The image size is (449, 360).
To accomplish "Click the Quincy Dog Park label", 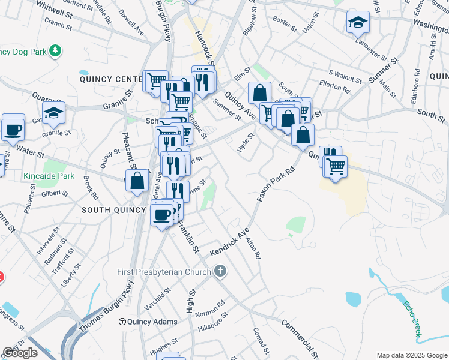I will tap(22, 52).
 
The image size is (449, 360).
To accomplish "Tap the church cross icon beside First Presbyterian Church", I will tap(220, 271).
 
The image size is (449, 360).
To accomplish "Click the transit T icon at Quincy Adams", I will tap(122, 322).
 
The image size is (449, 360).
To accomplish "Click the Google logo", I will tap(20, 353).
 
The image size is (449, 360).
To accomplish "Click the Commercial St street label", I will tap(298, 336).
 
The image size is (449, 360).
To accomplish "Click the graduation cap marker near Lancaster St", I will tap(358, 23).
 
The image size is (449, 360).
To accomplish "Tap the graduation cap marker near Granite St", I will tap(53, 112).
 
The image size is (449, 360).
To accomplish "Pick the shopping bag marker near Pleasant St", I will tap(137, 181).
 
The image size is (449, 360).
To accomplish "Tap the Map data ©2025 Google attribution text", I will tap(411, 355).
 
